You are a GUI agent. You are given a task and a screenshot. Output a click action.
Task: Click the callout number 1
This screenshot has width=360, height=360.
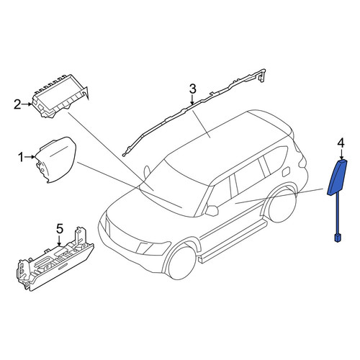pos(21,158)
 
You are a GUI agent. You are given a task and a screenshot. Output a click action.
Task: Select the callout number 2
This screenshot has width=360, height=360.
pos(17,104)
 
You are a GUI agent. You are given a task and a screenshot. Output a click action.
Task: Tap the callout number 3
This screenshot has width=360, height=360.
pos(193,89)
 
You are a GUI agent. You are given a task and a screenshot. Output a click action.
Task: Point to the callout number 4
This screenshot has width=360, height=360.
pos(341,143)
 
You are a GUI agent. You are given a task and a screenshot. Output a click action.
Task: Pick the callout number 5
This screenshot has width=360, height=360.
pos(60,228)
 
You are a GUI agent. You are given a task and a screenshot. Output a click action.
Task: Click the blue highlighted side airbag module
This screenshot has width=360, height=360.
pos(337,178)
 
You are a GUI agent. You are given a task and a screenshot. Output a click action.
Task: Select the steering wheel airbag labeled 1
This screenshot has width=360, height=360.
pos(56,160)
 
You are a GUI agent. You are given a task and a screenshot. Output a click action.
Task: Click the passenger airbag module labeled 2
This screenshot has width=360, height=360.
pos(60,96)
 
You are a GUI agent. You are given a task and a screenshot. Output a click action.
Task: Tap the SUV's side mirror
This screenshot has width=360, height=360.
pos(212,210)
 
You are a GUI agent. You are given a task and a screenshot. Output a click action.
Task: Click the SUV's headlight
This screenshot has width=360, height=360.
pos(153,248)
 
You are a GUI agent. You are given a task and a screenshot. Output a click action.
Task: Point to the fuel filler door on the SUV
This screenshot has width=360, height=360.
pos(286,172)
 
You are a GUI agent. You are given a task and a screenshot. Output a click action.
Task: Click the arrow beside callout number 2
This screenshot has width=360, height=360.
pos(27,104)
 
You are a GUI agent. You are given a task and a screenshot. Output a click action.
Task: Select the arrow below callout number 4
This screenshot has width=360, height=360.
pos(341,154)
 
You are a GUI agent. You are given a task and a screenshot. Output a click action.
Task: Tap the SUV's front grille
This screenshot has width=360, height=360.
pos(120,236)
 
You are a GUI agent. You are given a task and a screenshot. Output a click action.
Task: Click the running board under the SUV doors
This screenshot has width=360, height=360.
pos(233,243)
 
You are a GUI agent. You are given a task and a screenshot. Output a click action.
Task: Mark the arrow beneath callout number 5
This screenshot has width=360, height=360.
pos(60,240)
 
